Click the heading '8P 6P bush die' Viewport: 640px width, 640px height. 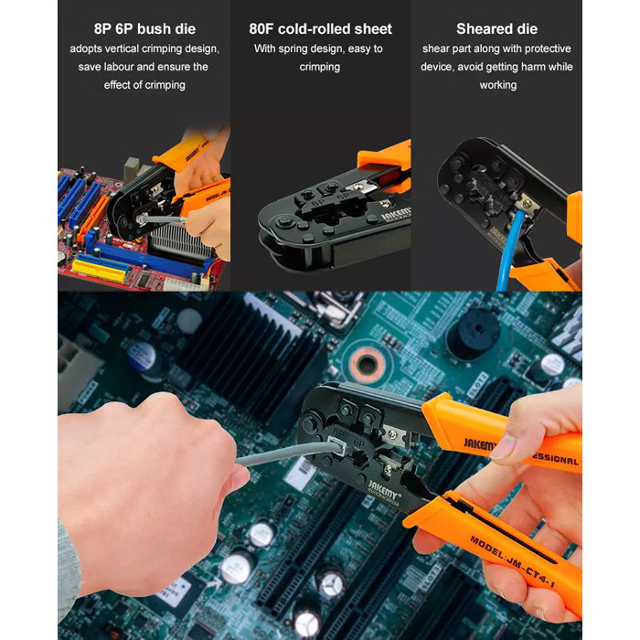coord(144,29)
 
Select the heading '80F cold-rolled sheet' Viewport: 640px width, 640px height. coord(320,29)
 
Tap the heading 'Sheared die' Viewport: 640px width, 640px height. coord(496,29)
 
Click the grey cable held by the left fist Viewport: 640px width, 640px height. coord(285,453)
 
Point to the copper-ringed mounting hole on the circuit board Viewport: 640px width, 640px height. coord(366,364)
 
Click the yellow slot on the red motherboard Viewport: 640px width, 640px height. coord(100,270)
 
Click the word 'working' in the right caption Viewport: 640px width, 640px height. coord(497,85)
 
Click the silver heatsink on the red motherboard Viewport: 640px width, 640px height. coord(176,242)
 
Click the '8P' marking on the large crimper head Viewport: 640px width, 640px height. coord(338,432)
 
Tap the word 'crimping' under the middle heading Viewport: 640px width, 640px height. coord(320,67)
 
